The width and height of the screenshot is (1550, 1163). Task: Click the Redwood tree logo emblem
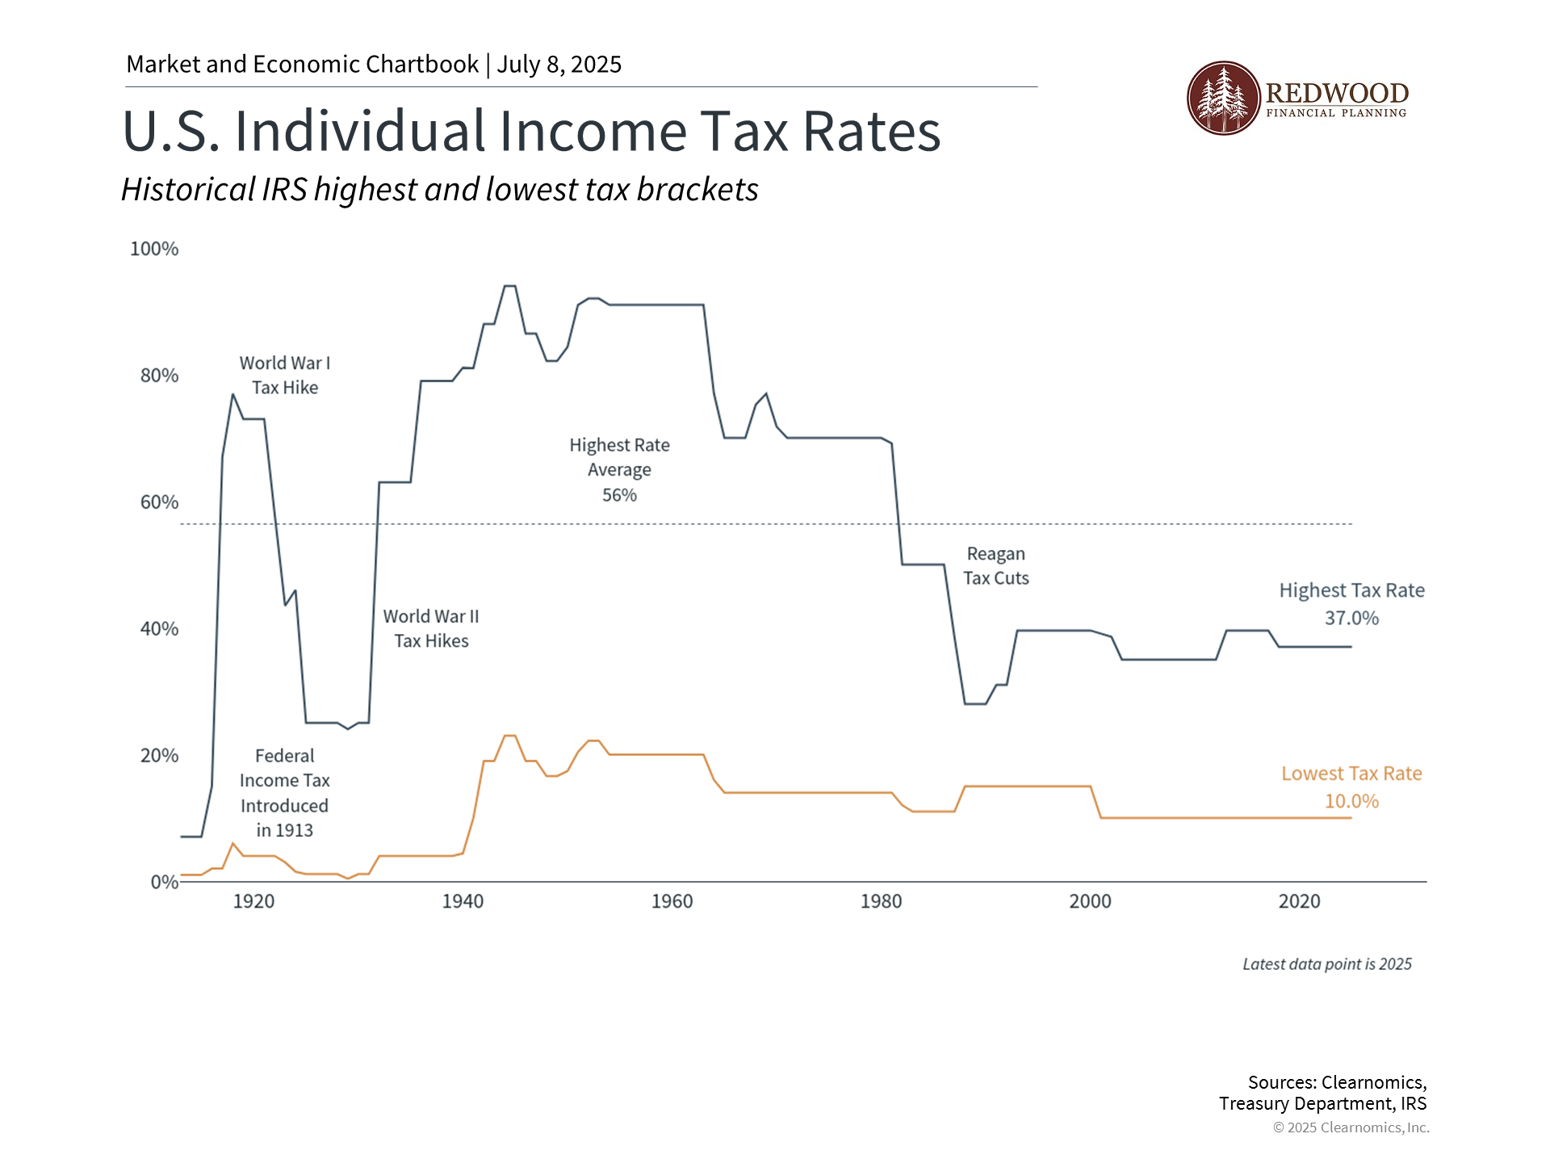[x=1223, y=98]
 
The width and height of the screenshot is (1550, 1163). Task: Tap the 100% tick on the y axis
[x=154, y=249]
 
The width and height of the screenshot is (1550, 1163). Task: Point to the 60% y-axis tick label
[x=159, y=502]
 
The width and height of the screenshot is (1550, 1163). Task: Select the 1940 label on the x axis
[x=463, y=901]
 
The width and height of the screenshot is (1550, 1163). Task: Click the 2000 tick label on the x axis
[x=1090, y=901]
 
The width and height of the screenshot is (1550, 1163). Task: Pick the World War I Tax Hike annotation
[x=285, y=376]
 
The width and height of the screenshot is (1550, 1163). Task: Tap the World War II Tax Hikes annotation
[x=431, y=628]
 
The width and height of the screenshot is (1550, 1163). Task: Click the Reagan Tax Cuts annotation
[x=996, y=566]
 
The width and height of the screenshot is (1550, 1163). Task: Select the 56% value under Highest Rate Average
[x=619, y=495]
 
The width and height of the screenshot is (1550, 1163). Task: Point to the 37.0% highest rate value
[x=1351, y=618]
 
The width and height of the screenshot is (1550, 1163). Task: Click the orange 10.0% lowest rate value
[x=1351, y=801]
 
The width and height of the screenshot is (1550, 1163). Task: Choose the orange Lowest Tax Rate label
[x=1351, y=774]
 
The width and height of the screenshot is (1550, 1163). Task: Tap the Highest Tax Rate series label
[x=1351, y=590]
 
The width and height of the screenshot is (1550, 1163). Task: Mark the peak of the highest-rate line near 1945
[x=509, y=286]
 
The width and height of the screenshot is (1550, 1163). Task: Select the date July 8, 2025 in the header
[x=559, y=65]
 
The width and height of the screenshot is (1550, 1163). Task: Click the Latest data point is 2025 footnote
[x=1327, y=964]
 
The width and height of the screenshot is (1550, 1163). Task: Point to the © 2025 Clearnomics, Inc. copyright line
[x=1351, y=1127]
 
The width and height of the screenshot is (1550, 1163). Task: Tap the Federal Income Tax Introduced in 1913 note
[x=285, y=793]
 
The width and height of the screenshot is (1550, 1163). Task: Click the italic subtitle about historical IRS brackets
[x=440, y=190]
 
